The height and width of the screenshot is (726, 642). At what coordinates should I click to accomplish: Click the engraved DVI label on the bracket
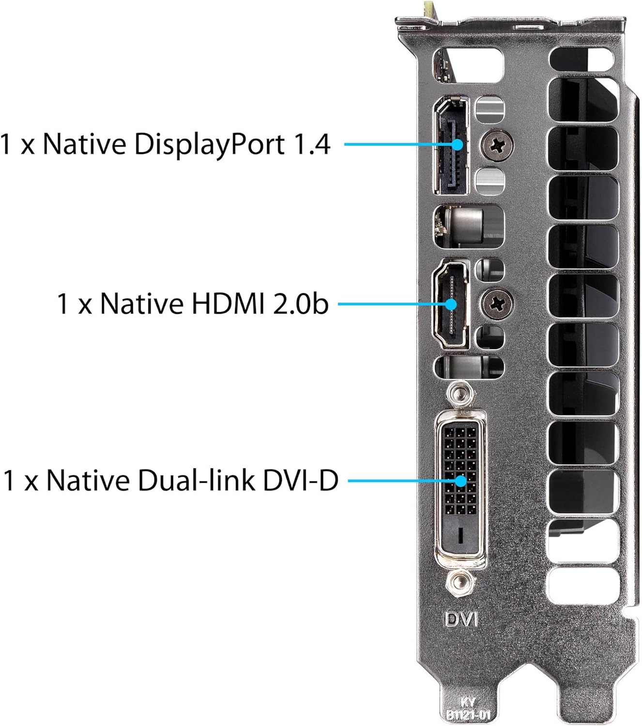click(x=461, y=619)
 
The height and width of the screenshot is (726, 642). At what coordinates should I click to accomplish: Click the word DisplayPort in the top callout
click(x=209, y=144)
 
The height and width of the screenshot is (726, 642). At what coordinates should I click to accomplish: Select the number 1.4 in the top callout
click(x=311, y=144)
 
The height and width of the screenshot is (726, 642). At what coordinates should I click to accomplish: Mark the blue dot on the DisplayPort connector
click(x=459, y=145)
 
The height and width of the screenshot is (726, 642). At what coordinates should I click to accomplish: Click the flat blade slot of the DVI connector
click(x=460, y=534)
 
